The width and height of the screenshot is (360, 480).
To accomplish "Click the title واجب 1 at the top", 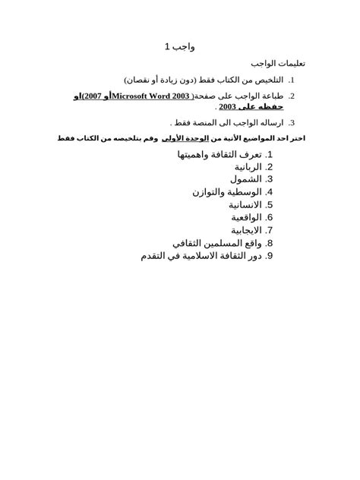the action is [x=179, y=47].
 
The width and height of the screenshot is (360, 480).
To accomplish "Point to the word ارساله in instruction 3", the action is [x=270, y=122].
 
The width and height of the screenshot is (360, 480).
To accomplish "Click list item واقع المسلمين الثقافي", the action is [x=218, y=242].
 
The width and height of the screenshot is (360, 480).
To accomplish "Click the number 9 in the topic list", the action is [x=270, y=255].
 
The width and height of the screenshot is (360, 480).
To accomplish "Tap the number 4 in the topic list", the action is [x=270, y=192].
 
